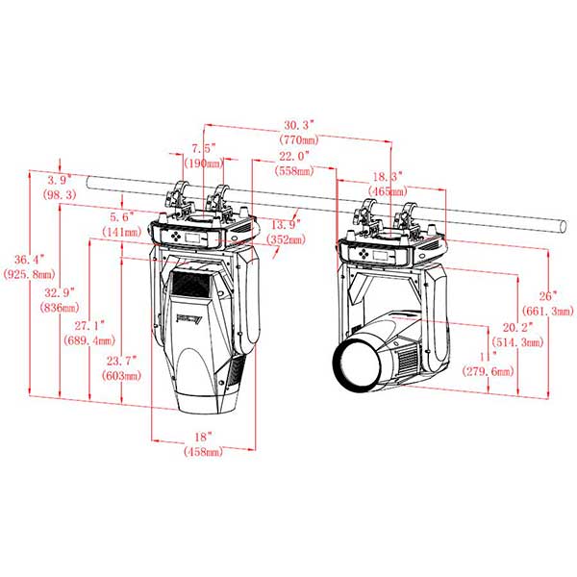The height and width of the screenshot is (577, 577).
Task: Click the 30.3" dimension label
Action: [298, 125]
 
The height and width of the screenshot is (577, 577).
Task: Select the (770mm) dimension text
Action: [299, 139]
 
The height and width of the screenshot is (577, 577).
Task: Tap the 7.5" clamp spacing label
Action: [204, 149]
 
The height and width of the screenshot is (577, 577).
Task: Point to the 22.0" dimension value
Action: [294, 156]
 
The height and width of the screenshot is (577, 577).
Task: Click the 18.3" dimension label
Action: [388, 176]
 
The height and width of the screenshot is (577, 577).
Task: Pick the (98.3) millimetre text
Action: [60, 194]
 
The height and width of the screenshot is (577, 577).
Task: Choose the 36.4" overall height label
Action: [29, 259]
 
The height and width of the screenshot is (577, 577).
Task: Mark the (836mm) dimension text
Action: [60, 308]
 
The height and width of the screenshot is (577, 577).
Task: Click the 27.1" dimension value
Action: [89, 325]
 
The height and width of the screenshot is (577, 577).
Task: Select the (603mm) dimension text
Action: [121, 376]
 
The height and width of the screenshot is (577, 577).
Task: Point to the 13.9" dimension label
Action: [286, 224]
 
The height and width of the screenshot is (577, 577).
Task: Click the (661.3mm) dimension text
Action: [548, 311]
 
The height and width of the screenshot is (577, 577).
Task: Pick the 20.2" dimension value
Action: [517, 327]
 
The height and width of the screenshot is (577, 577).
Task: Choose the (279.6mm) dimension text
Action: [488, 371]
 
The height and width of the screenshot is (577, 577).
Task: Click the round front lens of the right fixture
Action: [357, 364]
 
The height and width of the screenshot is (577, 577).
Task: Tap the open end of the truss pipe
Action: [563, 226]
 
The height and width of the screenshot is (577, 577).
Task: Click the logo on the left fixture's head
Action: [189, 317]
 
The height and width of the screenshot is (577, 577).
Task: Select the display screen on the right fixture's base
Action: [380, 255]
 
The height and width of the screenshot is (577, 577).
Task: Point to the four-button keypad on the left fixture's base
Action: [176, 237]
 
